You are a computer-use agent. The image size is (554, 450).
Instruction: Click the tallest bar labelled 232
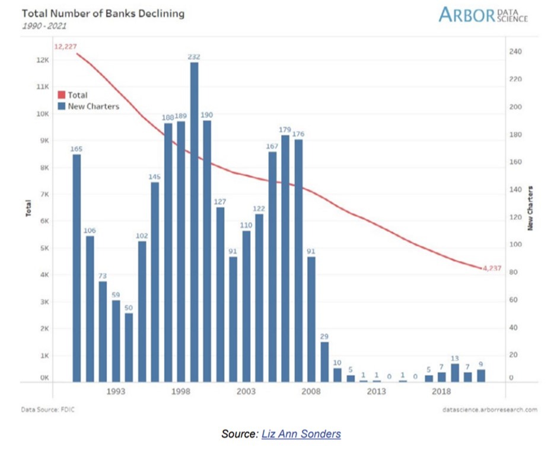pyautogui.click(x=194, y=222)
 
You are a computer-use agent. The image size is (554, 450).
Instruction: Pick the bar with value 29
pyautogui.click(x=324, y=361)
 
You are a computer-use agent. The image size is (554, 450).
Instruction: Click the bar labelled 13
pyautogui.click(x=455, y=372)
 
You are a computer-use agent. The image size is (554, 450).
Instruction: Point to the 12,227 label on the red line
pyautogui.click(x=65, y=46)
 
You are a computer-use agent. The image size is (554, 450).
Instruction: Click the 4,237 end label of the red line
pyautogui.click(x=492, y=269)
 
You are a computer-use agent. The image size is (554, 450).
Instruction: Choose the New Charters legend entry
pyautogui.click(x=94, y=107)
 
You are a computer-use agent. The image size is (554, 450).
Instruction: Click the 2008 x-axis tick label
pyautogui.click(x=311, y=392)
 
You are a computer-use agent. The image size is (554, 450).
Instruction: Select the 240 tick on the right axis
pyautogui.click(x=515, y=52)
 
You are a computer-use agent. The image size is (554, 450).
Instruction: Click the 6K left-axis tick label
pyautogui.click(x=42, y=221)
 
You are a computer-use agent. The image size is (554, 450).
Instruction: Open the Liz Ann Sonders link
pyautogui.click(x=301, y=434)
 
